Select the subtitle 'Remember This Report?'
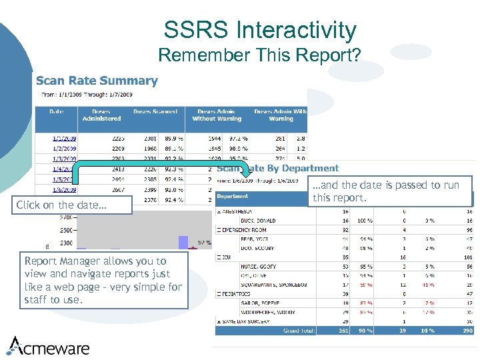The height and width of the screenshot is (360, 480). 259,55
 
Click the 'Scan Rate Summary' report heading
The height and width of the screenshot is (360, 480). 97,81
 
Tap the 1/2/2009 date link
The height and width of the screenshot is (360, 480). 65,149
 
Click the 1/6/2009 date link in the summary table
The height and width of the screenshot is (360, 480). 65,189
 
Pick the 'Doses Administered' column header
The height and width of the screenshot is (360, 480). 101,115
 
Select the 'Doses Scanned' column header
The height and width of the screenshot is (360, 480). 155,111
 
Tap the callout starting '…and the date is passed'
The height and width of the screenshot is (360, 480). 390,191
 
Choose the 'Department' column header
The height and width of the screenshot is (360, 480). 233,196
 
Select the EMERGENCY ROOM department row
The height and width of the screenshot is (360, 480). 247,229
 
